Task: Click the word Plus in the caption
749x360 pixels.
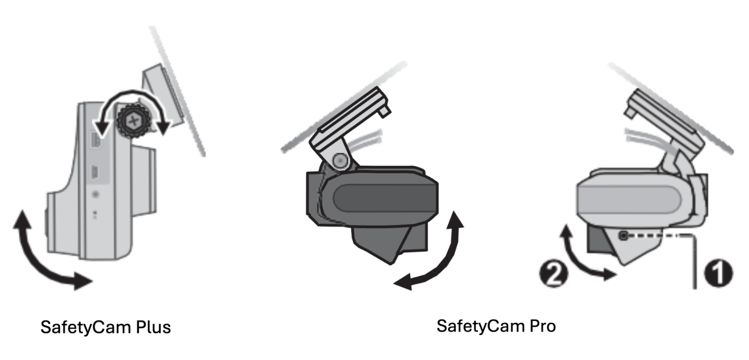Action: coord(153,327)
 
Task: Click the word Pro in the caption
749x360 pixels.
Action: coord(542,326)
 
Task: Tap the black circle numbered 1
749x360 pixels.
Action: coord(719,273)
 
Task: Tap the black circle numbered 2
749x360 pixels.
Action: coord(554,274)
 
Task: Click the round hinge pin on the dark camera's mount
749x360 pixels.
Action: coord(340,160)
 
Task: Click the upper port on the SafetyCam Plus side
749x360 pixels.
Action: coord(96,140)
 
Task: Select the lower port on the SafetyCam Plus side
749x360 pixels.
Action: coord(95,172)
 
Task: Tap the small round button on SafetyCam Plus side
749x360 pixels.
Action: coord(96,194)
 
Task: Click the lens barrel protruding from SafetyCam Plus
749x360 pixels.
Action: coord(144,180)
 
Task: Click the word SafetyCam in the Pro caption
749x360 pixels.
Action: coord(481,326)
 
